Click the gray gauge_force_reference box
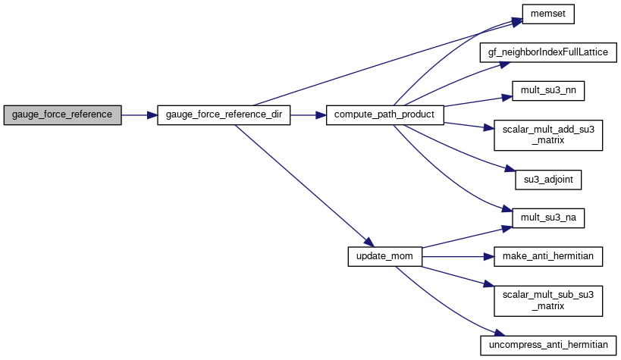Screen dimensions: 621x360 63,115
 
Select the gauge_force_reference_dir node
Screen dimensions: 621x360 224,115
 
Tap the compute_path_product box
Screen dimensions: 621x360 385,115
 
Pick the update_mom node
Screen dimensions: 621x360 385,257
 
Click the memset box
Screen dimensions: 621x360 548,14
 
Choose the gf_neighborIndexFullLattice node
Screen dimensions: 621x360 548,52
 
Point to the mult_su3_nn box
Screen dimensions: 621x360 548,91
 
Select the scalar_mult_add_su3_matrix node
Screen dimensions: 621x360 548,136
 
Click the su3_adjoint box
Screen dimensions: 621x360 548,180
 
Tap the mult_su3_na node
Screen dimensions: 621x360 548,218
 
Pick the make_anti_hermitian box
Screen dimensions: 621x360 548,257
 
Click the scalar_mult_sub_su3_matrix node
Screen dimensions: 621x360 548,301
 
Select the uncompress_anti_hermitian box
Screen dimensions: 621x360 548,346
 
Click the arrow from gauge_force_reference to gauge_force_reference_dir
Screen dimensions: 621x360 140,115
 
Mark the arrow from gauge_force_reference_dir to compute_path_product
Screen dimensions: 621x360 308,115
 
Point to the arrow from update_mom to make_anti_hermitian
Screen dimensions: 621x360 458,257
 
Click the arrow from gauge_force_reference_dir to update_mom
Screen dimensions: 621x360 304,186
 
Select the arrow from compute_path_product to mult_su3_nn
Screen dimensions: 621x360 478,101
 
